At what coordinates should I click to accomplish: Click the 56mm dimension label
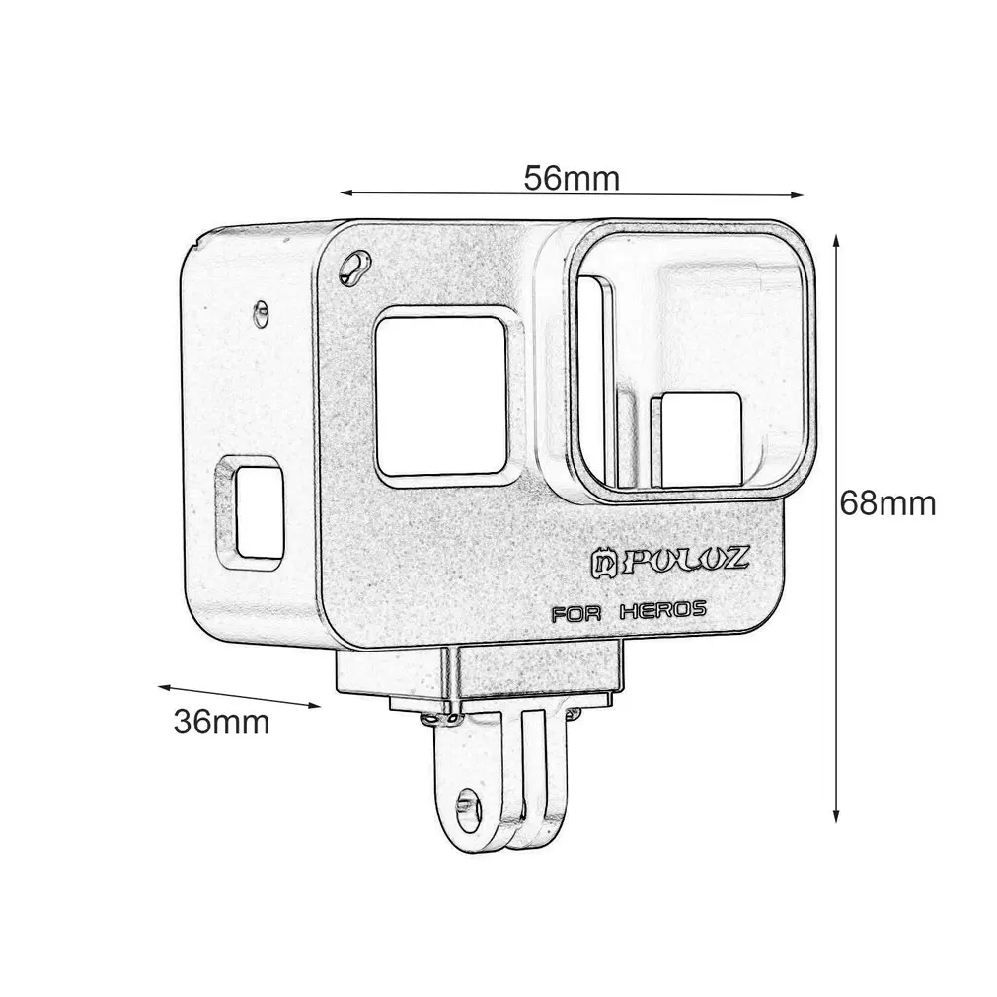[572, 179]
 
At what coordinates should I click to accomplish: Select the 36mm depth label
[222, 722]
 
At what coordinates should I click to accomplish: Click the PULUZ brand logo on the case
[683, 561]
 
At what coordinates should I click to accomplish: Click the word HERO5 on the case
[662, 610]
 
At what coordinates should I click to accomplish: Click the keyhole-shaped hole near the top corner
[355, 267]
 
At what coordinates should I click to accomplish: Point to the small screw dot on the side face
[261, 310]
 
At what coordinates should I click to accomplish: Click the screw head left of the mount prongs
[430, 723]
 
